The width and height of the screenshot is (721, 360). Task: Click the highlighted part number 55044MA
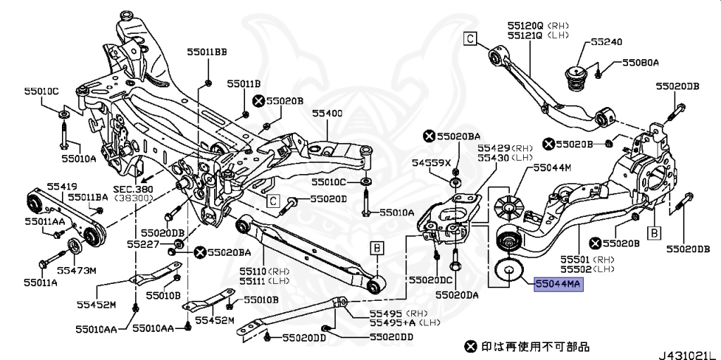click(x=559, y=285)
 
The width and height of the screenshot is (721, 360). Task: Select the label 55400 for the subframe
click(x=327, y=113)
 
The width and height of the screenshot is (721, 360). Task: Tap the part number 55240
click(x=606, y=42)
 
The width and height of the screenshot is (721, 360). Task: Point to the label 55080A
click(x=639, y=63)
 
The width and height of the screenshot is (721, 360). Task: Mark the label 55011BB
click(x=207, y=51)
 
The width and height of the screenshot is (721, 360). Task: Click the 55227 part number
click(x=144, y=244)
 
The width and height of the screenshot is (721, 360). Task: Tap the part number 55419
click(x=62, y=186)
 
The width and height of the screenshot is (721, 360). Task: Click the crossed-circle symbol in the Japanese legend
click(x=470, y=346)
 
